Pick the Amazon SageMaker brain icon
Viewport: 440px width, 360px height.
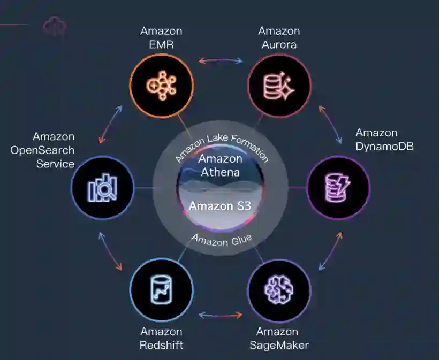click(279, 289)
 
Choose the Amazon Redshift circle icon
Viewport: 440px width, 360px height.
click(161, 289)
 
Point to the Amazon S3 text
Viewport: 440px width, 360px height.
click(220, 206)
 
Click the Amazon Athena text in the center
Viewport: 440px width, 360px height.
click(220, 166)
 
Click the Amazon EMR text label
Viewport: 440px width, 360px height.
click(161, 37)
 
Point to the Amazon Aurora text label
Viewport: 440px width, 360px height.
click(279, 37)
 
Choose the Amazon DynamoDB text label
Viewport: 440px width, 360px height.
click(384, 139)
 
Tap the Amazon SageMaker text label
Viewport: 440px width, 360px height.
click(279, 338)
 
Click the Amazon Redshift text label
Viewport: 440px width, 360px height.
click(161, 338)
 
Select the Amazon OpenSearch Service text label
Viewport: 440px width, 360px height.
click(42, 150)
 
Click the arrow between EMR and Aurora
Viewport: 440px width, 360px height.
click(220, 60)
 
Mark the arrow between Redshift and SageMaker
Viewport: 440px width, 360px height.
click(220, 316)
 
